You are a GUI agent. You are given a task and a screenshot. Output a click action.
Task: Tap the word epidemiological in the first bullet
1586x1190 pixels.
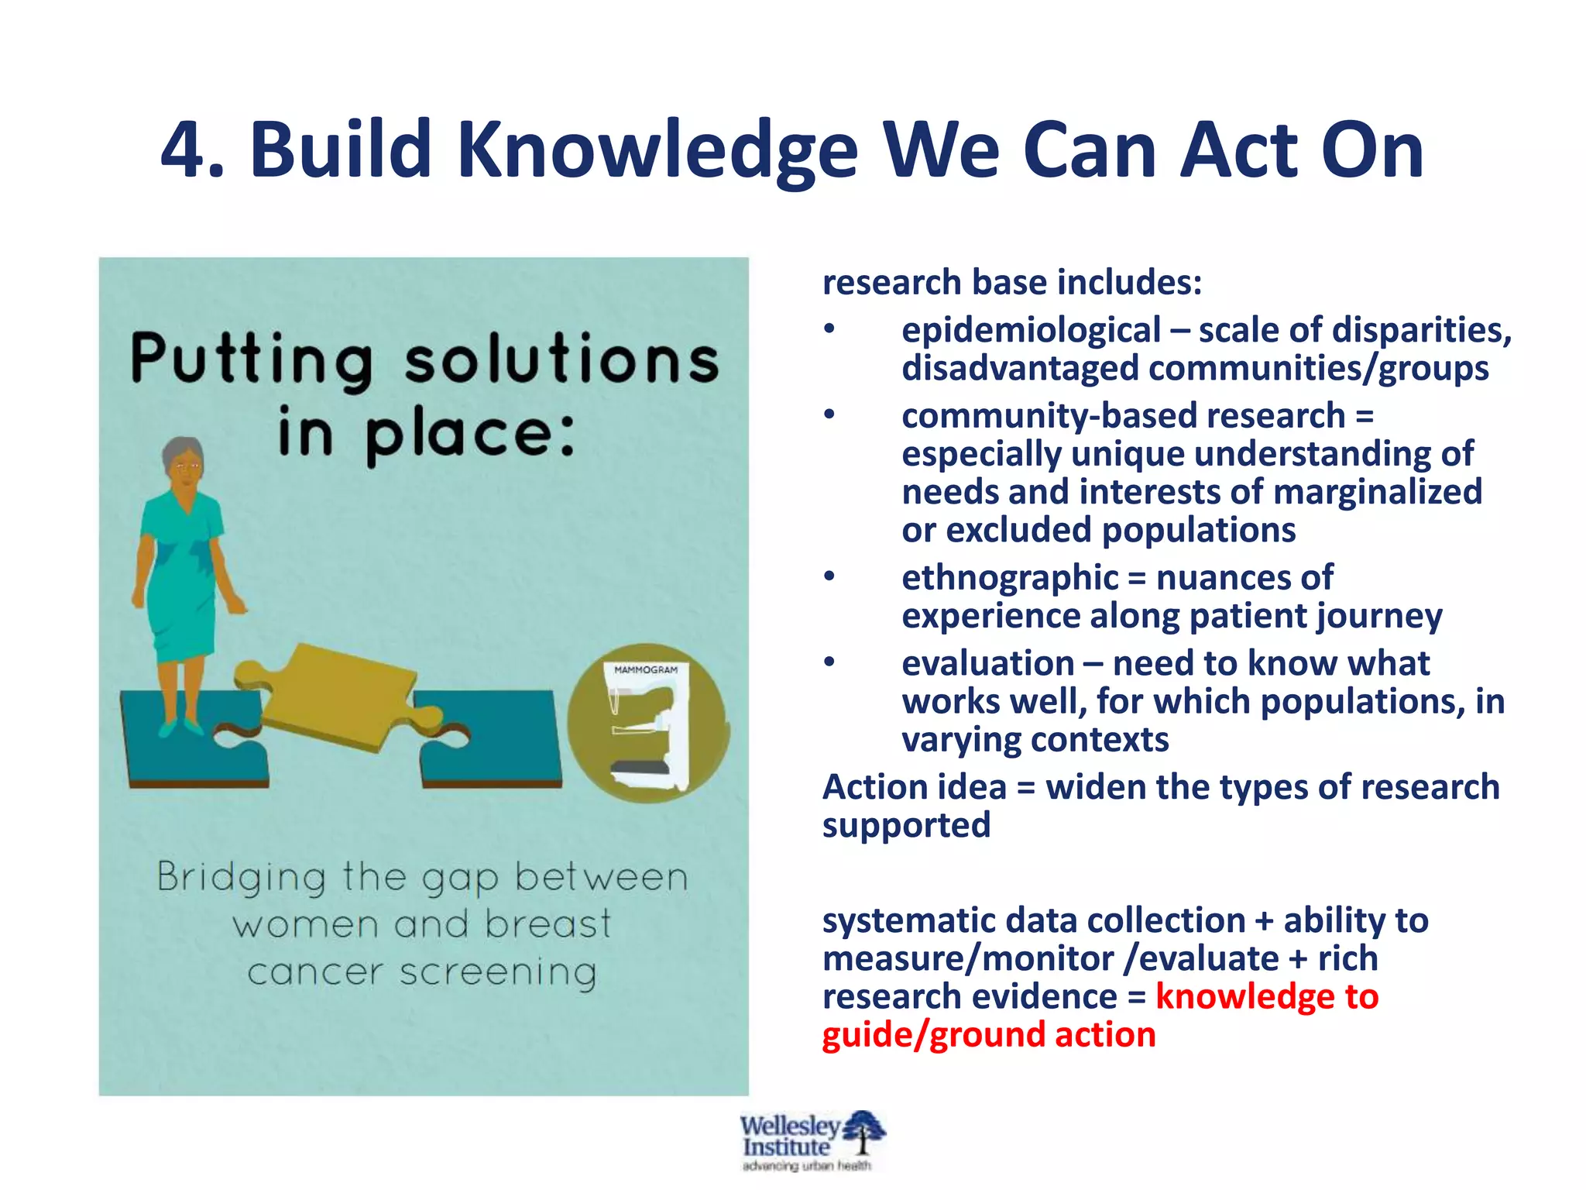(1031, 331)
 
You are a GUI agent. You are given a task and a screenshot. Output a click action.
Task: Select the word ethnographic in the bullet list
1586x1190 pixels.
(1010, 578)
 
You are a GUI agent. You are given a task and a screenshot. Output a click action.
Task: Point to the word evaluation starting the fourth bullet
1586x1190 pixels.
(987, 664)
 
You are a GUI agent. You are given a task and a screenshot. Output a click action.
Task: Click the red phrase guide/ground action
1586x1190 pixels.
(988, 1035)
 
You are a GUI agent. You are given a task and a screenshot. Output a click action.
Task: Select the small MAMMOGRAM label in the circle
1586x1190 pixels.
(645, 670)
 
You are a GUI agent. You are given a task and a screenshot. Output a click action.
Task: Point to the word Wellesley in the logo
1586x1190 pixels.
(788, 1126)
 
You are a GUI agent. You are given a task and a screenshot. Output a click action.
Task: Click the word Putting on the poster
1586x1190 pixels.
(252, 360)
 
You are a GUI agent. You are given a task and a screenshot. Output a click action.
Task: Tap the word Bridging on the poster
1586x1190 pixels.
(241, 879)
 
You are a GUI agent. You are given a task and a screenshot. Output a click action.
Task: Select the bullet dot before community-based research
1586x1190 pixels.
(829, 415)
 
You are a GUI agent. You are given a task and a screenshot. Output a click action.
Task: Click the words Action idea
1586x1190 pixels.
(914, 788)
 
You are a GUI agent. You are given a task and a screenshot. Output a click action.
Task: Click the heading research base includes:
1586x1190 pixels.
(1011, 282)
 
